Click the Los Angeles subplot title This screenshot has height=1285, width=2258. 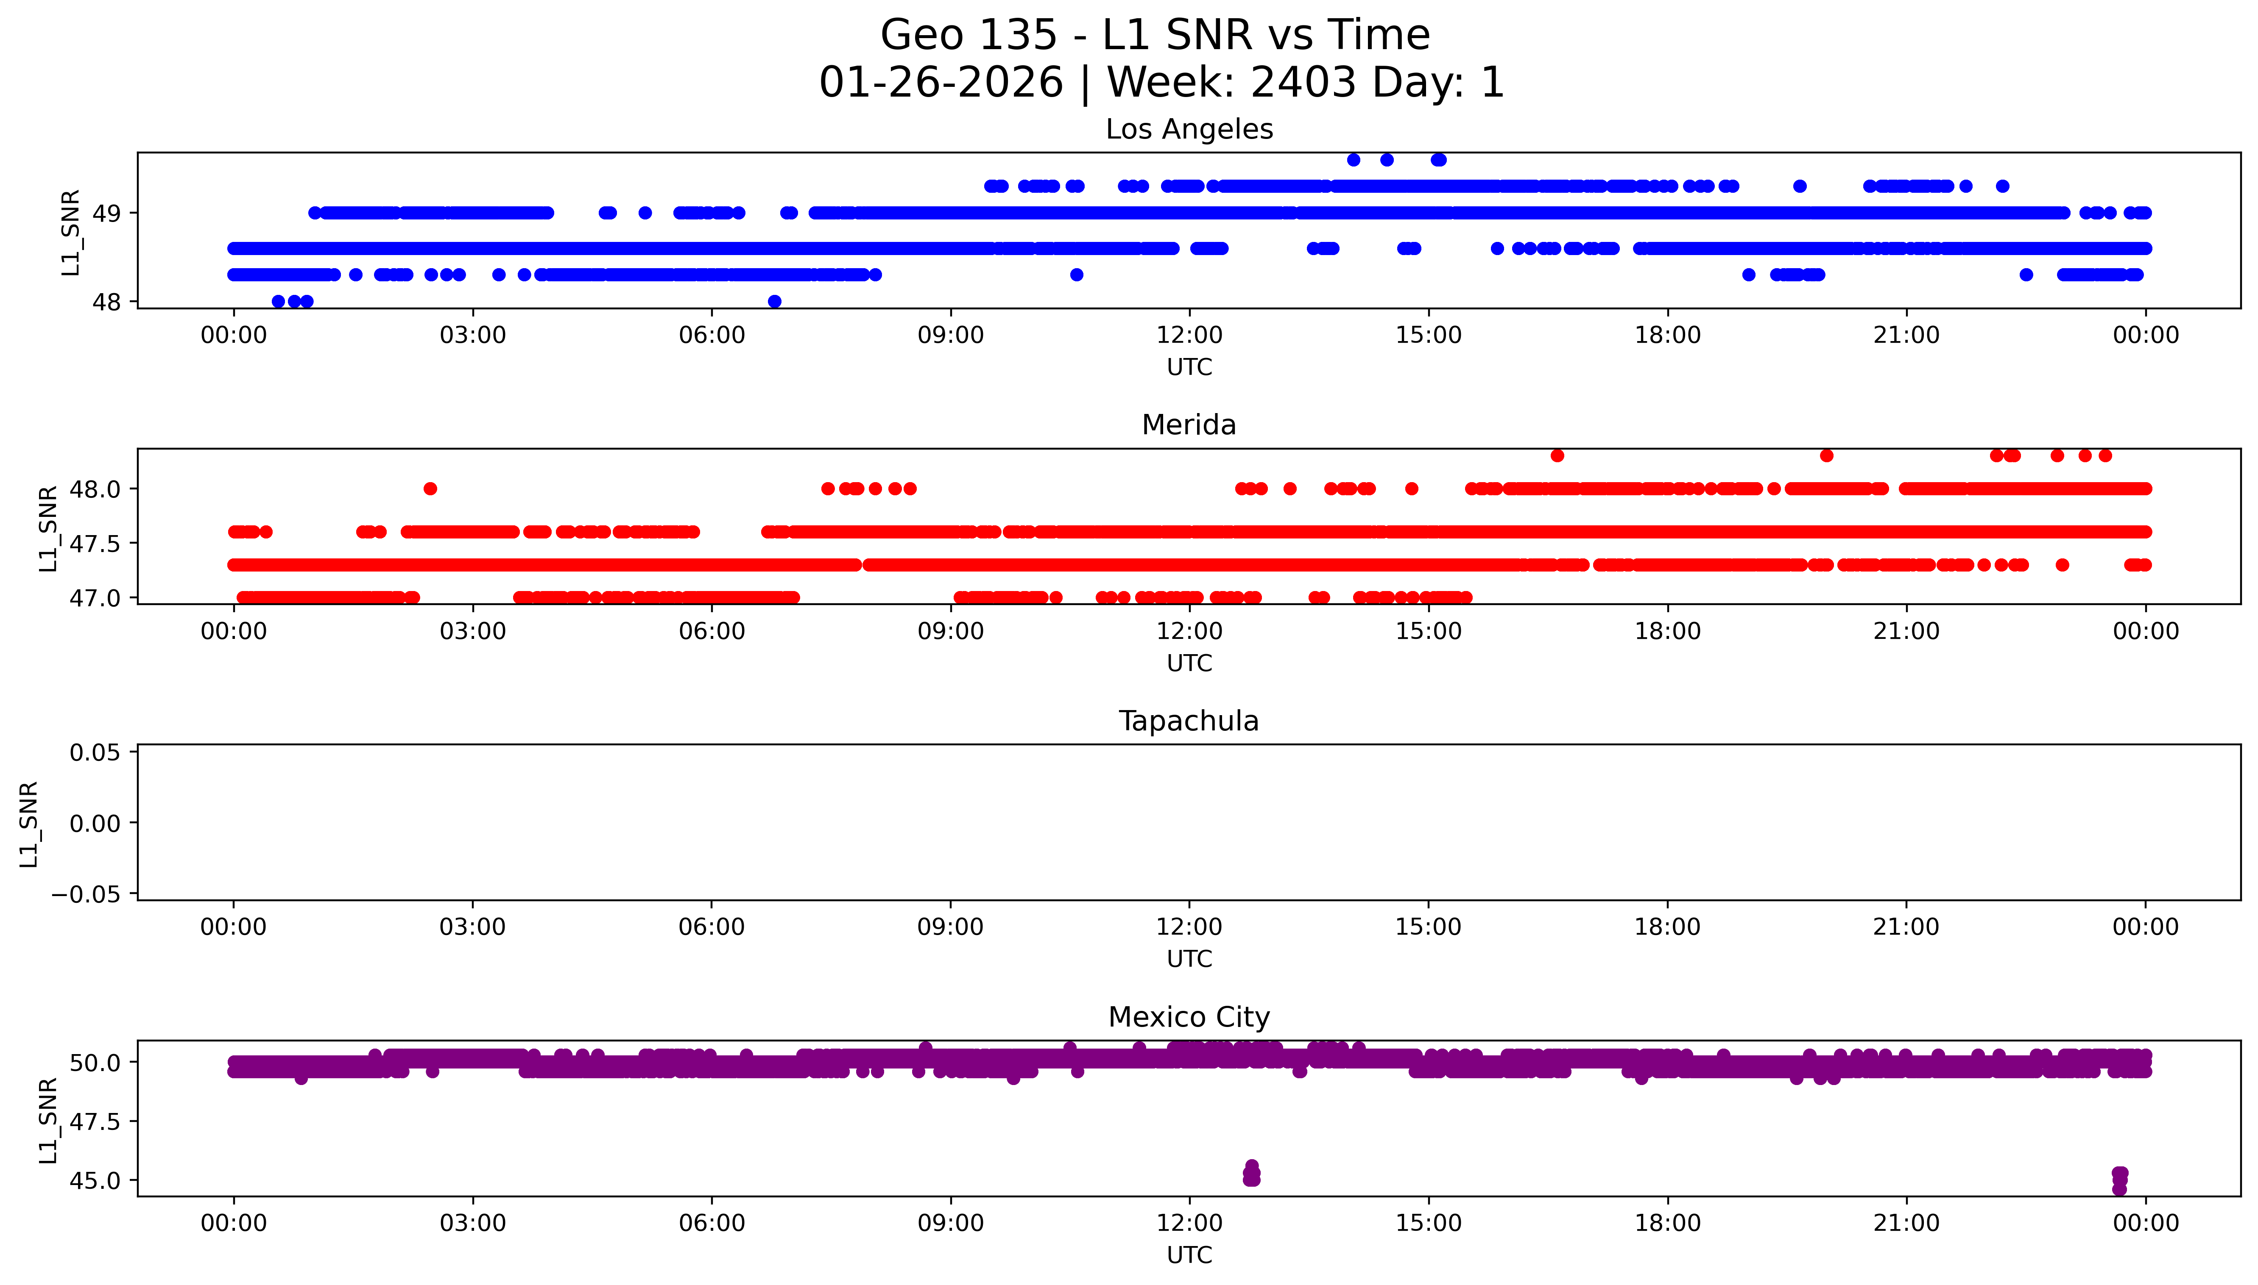(x=1189, y=130)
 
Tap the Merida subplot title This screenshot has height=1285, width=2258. (x=1189, y=425)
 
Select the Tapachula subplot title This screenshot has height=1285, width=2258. (x=1189, y=721)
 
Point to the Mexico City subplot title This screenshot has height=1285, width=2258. (x=1189, y=1018)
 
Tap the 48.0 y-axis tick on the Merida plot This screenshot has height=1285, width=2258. (x=95, y=489)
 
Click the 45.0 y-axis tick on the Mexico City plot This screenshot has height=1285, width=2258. (x=95, y=1181)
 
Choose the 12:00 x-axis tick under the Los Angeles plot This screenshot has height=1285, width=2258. (x=1189, y=336)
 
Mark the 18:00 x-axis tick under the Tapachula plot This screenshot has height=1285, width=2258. (x=1667, y=927)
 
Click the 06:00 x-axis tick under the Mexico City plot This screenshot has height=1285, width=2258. (x=712, y=1223)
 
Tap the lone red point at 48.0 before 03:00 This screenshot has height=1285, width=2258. (x=430, y=489)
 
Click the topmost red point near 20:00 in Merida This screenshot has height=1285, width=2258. (x=1826, y=455)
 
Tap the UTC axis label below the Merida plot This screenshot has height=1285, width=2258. (x=1189, y=663)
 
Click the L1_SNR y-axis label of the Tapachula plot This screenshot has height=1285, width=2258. (x=29, y=824)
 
